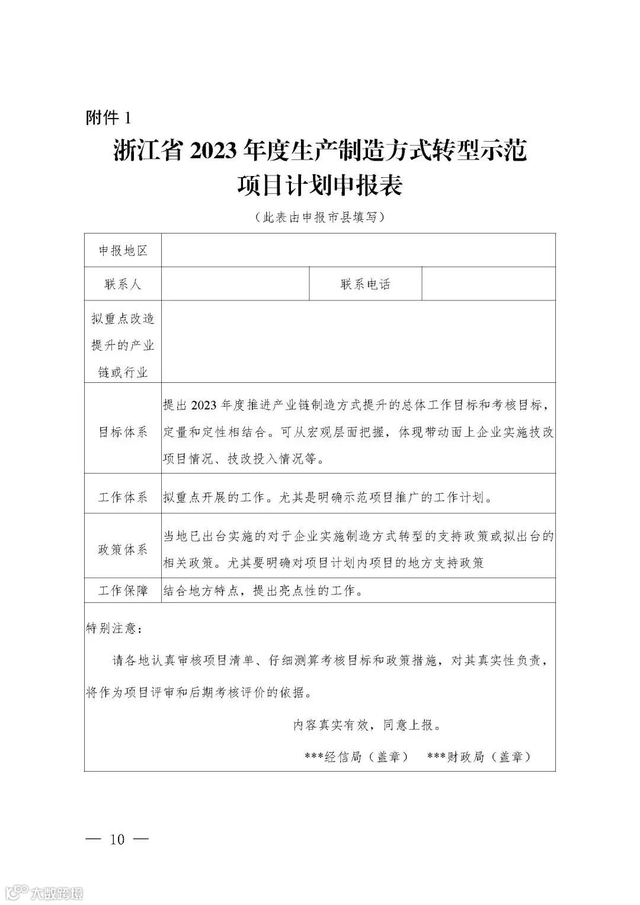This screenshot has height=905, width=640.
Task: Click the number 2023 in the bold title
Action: point(215,152)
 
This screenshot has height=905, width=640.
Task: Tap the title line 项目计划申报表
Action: point(319,186)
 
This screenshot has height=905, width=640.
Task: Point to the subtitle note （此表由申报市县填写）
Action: point(319,217)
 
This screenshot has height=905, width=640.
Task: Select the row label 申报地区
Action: point(123,251)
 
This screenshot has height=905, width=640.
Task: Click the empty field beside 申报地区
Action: point(358,251)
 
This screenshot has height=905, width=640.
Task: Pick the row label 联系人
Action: point(123,284)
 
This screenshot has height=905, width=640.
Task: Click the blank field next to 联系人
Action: point(235,284)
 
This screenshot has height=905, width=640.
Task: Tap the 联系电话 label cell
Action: point(365,284)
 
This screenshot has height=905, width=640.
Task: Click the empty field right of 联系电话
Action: point(488,284)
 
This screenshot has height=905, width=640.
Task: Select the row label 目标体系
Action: point(123,432)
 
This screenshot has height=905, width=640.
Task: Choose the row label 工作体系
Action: point(123,497)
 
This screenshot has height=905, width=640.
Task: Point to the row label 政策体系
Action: point(123,549)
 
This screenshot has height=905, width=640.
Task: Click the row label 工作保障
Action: point(123,590)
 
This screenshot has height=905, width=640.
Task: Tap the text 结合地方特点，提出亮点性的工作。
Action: point(262,590)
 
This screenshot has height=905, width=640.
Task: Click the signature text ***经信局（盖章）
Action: point(356,757)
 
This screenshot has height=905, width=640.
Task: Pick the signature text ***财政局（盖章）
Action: point(479,757)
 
